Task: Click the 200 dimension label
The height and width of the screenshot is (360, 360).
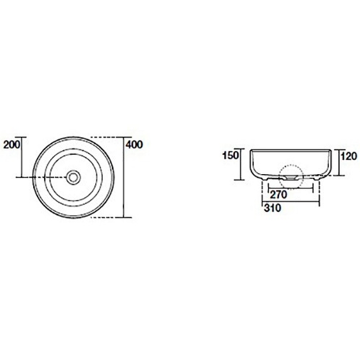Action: point(12,144)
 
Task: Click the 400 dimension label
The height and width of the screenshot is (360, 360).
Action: point(134,144)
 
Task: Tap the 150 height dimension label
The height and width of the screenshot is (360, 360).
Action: point(231,156)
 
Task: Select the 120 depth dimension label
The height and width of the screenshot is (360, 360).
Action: point(349,156)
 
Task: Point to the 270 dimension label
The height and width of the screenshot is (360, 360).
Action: point(279,195)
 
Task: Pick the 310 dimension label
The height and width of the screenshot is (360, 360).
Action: point(273,208)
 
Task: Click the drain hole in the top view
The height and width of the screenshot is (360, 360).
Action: point(73,177)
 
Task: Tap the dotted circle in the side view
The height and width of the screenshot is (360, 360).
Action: point(291,177)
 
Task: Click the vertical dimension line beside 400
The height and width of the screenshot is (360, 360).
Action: point(124,177)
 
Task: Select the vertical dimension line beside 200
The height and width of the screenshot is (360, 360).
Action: point(22,157)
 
